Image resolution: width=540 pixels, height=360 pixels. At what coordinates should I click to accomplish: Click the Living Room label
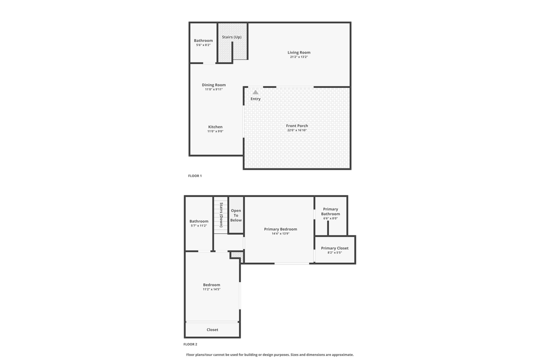coord(299,52)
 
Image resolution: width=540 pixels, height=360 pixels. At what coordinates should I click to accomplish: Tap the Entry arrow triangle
coord(255,92)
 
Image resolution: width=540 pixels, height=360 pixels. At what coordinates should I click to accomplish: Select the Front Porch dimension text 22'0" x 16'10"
coord(297,130)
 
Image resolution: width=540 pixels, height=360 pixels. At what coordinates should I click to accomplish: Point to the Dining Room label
coord(213,85)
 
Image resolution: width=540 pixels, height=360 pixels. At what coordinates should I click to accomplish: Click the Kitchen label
coord(215,127)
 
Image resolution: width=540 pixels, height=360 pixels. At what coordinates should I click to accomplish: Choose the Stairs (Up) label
coord(231,37)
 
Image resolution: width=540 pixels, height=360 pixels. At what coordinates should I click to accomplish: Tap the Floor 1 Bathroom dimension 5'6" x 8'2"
coord(203,45)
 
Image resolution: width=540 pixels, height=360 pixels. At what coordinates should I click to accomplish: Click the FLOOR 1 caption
coord(195,176)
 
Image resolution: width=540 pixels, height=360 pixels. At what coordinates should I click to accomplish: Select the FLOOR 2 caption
coord(190,344)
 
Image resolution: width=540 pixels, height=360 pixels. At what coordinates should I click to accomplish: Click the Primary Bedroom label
coord(280,229)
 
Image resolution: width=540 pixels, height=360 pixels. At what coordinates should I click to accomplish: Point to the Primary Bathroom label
coord(330,211)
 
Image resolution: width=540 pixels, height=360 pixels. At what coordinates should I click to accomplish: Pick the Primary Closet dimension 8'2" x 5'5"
coord(334,252)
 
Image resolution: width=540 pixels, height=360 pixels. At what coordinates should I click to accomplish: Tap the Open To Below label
coord(236,215)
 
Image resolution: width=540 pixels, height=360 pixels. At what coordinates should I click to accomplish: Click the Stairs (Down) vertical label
coord(221,214)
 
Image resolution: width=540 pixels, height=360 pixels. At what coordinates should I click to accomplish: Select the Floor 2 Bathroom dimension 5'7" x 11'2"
coord(198,225)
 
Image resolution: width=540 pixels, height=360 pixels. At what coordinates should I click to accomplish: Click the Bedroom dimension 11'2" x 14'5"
coord(211,289)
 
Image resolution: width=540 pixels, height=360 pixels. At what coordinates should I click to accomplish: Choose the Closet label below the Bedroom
coord(212,329)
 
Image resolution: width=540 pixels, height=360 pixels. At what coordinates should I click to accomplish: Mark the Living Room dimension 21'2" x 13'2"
coord(299,57)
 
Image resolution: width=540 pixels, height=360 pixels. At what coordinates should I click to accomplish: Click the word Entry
coord(255,99)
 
